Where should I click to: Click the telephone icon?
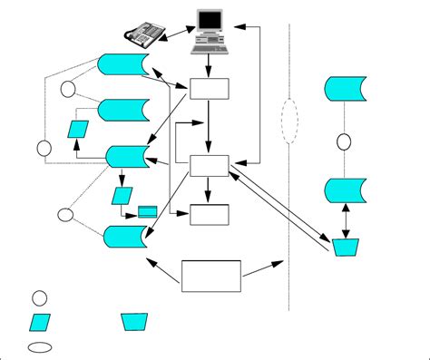click(x=142, y=34)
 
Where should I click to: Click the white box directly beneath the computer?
click(x=210, y=89)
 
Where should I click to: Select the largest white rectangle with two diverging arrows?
click(x=211, y=276)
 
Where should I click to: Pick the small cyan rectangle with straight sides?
click(x=147, y=212)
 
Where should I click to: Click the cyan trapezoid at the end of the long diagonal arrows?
click(x=345, y=247)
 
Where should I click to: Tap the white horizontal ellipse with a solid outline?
click(x=40, y=346)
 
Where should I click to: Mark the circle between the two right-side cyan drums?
click(x=344, y=141)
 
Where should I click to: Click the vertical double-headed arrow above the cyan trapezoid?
click(x=345, y=220)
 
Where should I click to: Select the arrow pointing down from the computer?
click(x=210, y=65)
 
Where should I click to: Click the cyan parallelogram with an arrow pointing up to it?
click(x=78, y=128)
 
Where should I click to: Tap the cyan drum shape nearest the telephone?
click(x=122, y=65)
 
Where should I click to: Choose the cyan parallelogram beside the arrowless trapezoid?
click(x=41, y=322)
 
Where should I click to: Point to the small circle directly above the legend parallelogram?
click(x=40, y=297)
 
